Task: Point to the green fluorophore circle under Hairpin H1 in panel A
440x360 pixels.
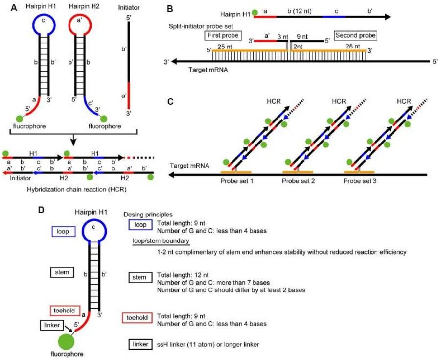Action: (20, 118)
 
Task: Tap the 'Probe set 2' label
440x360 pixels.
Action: (298, 181)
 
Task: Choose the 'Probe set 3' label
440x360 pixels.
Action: (360, 181)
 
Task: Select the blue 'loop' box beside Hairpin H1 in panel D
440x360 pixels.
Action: (61, 229)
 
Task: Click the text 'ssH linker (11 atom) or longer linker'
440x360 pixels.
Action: (208, 345)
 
